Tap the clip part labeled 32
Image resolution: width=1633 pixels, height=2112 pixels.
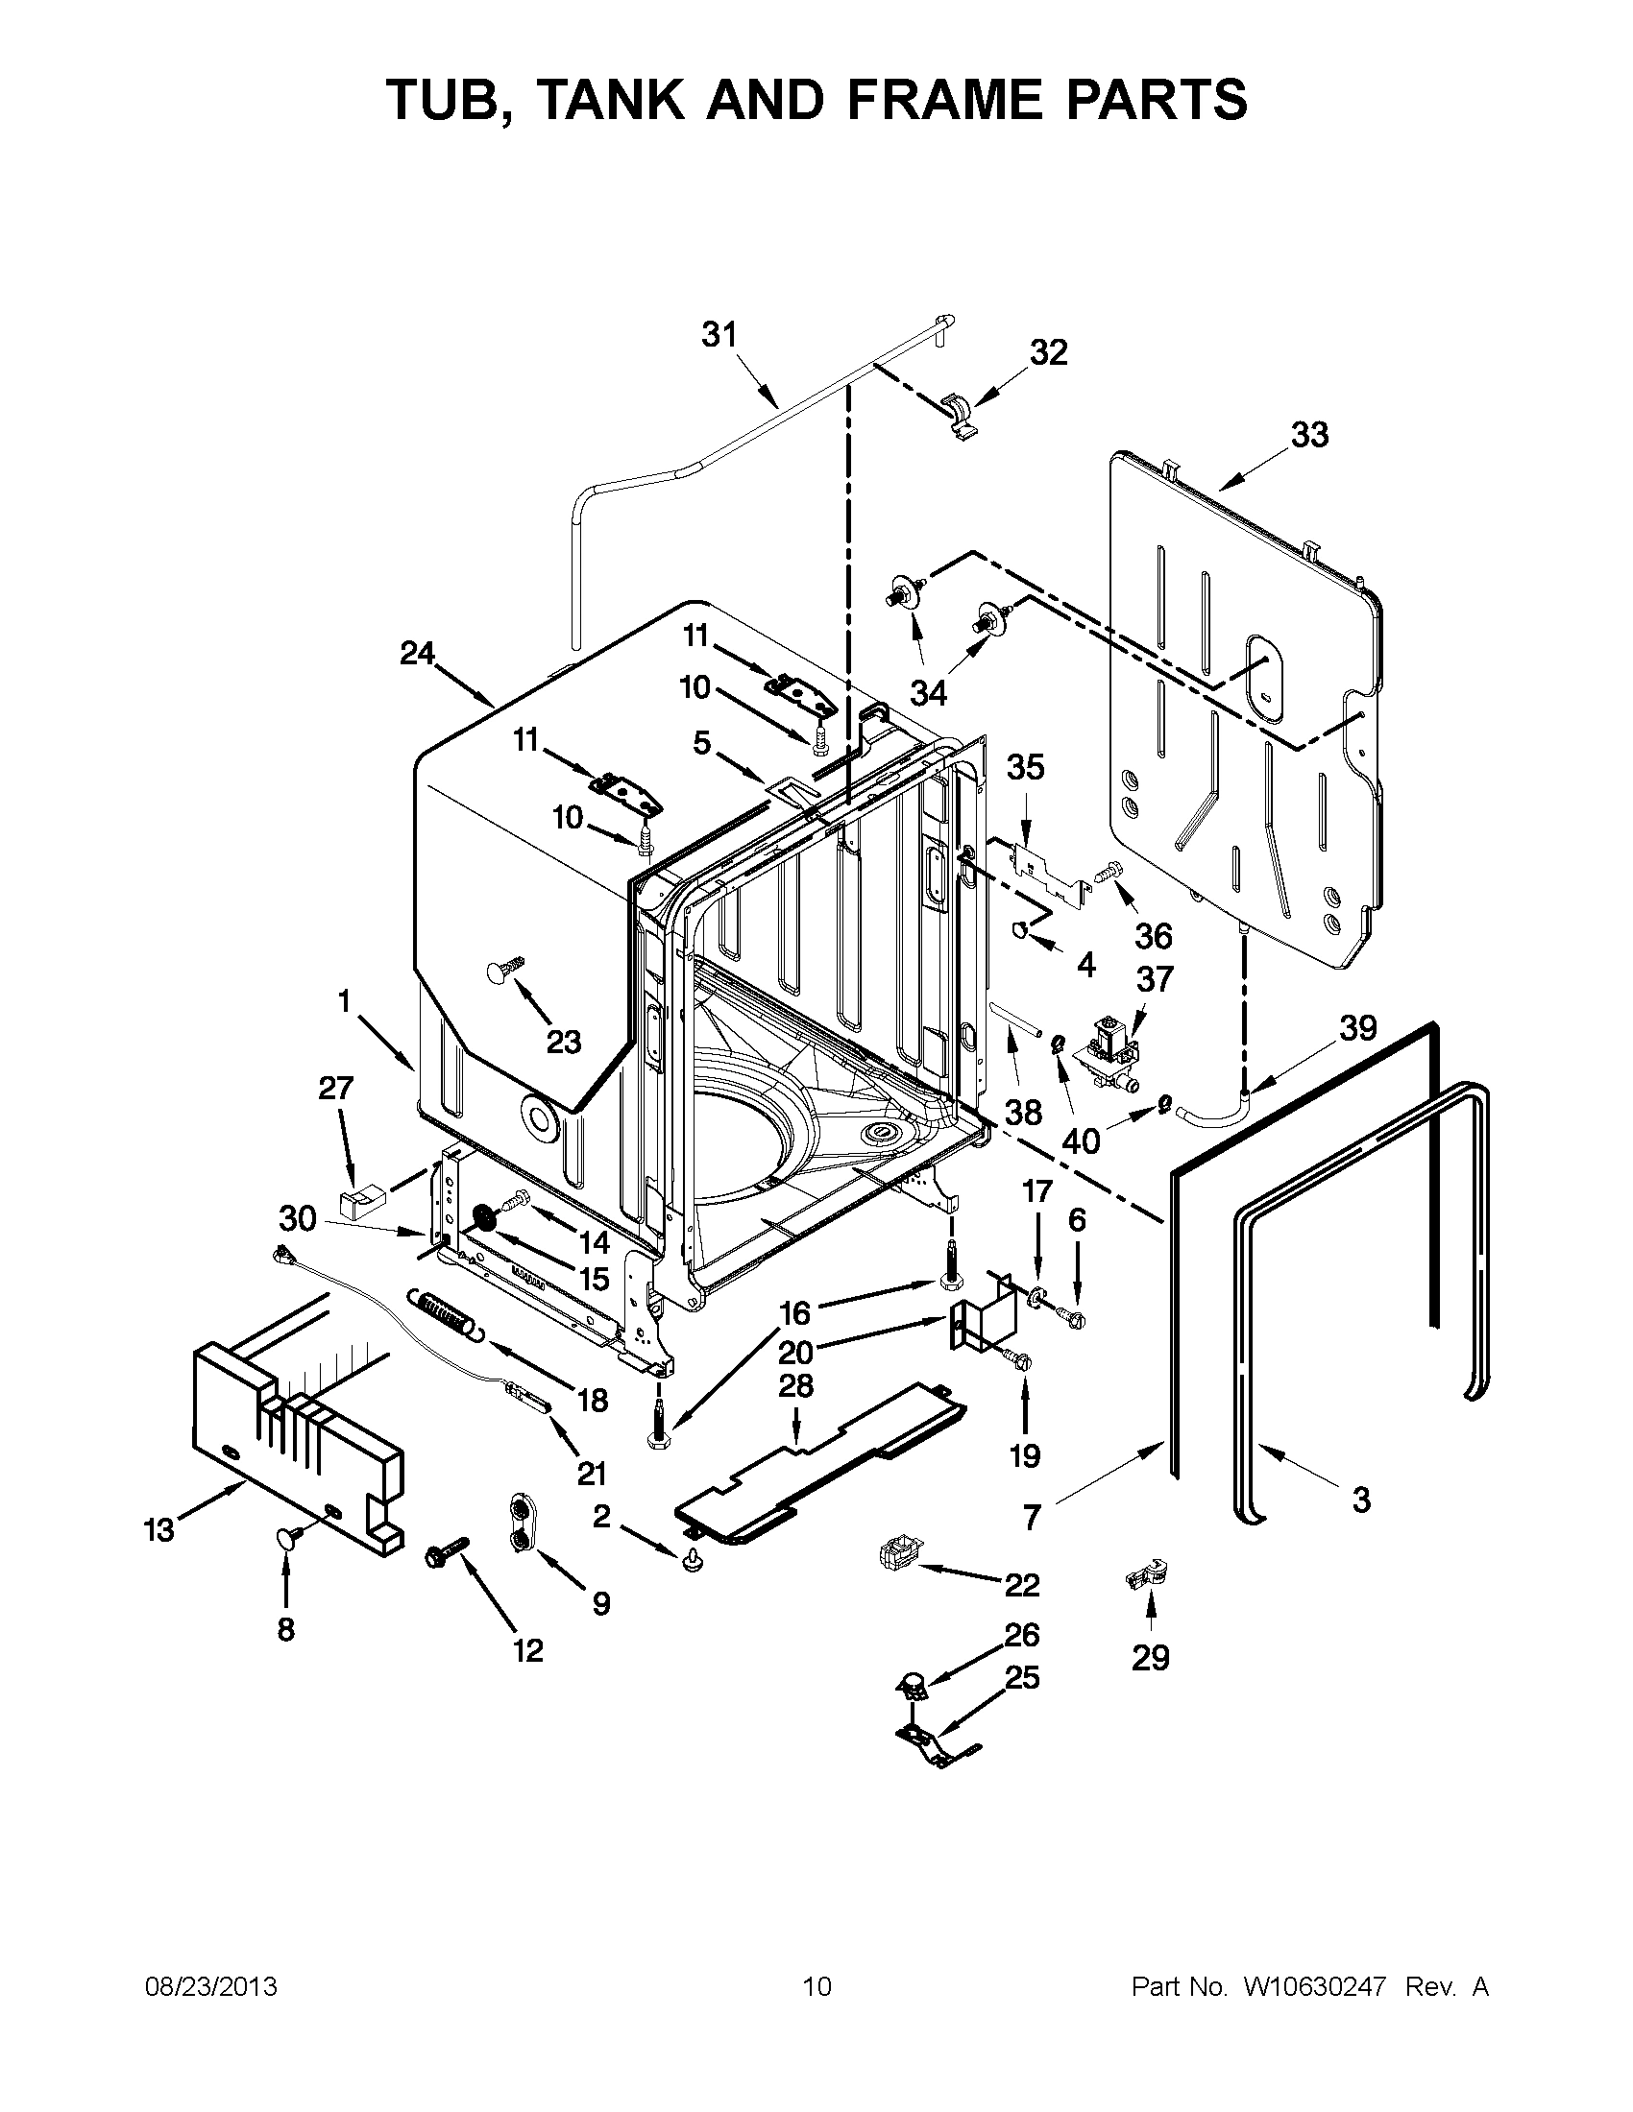coord(959,417)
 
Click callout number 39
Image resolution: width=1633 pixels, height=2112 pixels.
coord(1357,1027)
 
